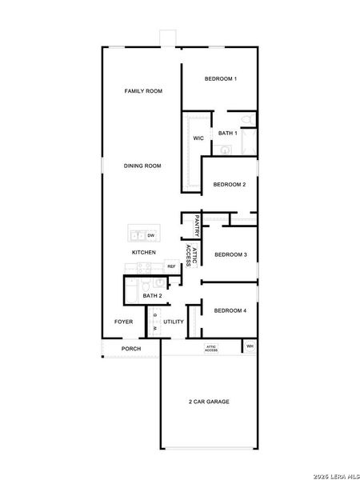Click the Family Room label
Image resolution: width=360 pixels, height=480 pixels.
coord(143,91)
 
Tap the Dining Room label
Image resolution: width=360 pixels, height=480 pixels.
coord(142,166)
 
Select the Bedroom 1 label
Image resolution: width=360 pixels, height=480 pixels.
coord(220,78)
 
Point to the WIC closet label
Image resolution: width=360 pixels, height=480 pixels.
coord(198,138)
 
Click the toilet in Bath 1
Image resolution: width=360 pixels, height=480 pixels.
coord(247,121)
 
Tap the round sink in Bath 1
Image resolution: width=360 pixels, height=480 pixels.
coord(225,149)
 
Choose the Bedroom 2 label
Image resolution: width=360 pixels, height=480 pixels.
coord(229,185)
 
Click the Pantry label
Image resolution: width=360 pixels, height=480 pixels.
coord(196,225)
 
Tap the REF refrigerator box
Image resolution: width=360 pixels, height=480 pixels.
coord(170,266)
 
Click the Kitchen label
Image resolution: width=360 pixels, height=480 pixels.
coord(144,253)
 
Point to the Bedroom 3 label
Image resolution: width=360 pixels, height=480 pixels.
coord(230,254)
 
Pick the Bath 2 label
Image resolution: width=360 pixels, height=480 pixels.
coord(152,296)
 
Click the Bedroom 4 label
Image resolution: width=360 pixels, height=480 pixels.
coord(230,310)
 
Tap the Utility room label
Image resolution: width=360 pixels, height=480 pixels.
coord(174,322)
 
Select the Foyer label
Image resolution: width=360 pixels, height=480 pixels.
coord(123,322)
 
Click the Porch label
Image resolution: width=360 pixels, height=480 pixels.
coord(130,349)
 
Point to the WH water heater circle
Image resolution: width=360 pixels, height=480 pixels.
coord(250,346)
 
